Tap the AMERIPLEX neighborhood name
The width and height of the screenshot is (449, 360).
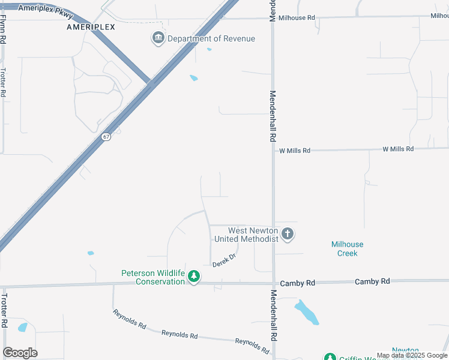click(91, 27)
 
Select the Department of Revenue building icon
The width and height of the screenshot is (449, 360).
click(158, 38)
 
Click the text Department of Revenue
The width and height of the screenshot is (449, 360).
click(211, 39)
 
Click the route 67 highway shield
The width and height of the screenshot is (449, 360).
click(106, 137)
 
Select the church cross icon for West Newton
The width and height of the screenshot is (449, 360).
click(288, 234)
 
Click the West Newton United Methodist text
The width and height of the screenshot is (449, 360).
click(247, 235)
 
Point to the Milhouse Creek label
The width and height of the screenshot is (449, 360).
click(347, 248)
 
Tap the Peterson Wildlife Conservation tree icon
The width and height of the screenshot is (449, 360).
click(193, 277)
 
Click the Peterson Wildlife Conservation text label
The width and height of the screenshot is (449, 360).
click(153, 277)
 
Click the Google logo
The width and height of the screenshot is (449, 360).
click(20, 353)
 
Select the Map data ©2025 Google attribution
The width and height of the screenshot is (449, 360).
click(412, 356)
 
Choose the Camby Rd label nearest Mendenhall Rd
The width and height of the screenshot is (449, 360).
click(298, 282)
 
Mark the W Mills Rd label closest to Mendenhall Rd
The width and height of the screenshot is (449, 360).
click(294, 151)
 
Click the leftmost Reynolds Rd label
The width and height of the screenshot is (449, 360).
click(129, 319)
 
